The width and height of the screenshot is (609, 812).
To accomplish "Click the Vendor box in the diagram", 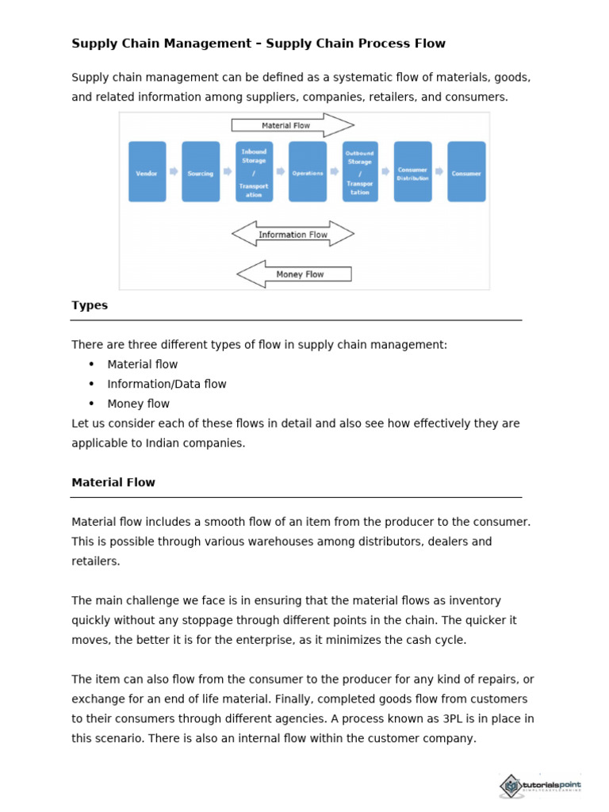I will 147,172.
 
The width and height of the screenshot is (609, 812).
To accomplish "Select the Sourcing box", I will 201,172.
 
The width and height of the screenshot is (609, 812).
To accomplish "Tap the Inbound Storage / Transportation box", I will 254,172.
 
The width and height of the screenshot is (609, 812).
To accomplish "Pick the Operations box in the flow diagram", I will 308,172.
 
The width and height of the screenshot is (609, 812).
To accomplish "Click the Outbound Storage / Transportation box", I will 360,172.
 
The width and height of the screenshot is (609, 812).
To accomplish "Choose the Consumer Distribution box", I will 412,172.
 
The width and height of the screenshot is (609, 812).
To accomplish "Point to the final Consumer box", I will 466,172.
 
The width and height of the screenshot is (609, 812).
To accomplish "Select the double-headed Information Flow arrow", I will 293,234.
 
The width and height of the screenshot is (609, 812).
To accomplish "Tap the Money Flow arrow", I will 294,274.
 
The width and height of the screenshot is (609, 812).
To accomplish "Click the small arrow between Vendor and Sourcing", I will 174,171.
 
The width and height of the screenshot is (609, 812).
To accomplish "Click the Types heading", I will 90,305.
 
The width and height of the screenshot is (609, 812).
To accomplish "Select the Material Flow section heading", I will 113,482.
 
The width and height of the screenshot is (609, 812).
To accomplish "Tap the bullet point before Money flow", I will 91,404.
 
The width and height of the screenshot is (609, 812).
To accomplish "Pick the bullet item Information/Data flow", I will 167,384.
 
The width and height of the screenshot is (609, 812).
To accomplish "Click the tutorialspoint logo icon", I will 511,786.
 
